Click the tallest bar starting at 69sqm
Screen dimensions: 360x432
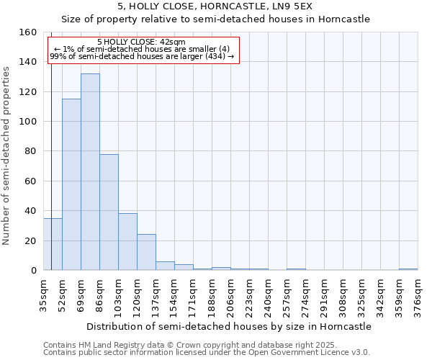[x=90, y=172]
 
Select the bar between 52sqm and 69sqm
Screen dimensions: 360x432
[x=71, y=184]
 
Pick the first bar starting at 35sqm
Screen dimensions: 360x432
[x=53, y=244]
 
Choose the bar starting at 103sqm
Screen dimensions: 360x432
[x=127, y=242]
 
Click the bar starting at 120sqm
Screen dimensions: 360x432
[x=146, y=252]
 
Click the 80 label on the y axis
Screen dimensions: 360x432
[x=31, y=152]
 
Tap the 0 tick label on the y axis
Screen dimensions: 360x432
[x=34, y=271]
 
